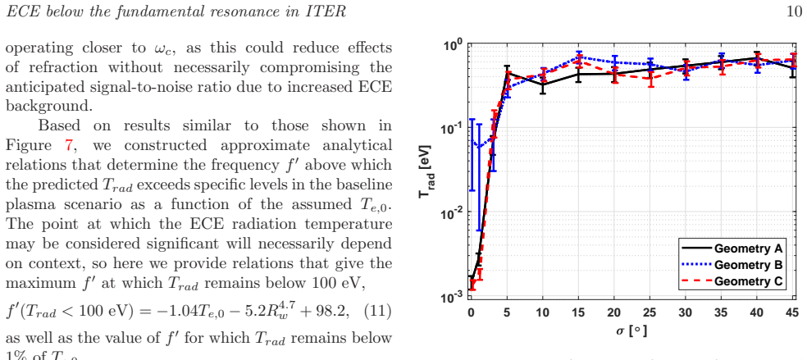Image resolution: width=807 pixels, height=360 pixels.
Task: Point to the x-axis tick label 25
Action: pos(650,312)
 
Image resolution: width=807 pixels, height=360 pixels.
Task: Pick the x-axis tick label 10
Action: pos(543,312)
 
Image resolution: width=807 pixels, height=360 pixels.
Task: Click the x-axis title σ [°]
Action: pos(632,330)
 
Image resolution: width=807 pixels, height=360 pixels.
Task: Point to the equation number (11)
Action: pos(381,312)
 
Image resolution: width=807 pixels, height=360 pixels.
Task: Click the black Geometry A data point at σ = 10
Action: pos(543,84)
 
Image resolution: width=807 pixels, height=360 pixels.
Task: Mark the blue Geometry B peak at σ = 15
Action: pos(579,56)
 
